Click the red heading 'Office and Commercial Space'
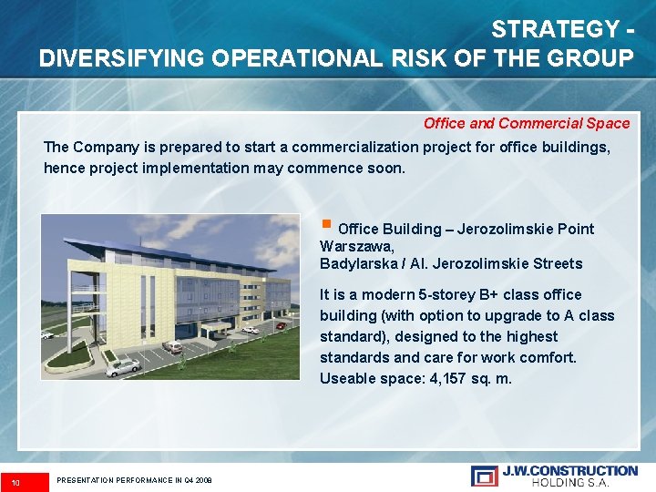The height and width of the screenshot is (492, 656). [526, 123]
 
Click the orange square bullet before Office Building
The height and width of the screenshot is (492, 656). [326, 223]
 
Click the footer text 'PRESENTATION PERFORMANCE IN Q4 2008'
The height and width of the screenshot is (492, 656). [134, 480]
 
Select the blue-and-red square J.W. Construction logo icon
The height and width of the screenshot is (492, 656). [483, 475]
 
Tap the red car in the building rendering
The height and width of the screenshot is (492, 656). [281, 325]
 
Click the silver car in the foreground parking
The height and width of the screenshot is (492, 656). [123, 366]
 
